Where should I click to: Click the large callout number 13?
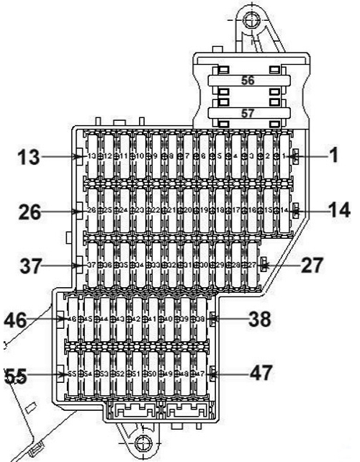coord(27,156)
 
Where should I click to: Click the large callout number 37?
coord(28,266)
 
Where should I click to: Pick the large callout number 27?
coord(312,264)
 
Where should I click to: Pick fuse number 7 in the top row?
coord(186,155)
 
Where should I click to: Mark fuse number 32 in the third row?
coord(170,265)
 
